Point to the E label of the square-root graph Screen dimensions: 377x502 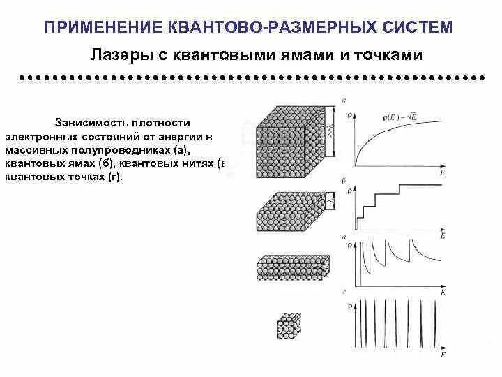442,172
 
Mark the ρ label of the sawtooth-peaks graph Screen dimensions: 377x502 351,247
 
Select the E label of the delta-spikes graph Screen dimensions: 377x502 442,355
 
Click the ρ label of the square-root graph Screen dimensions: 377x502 351,114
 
